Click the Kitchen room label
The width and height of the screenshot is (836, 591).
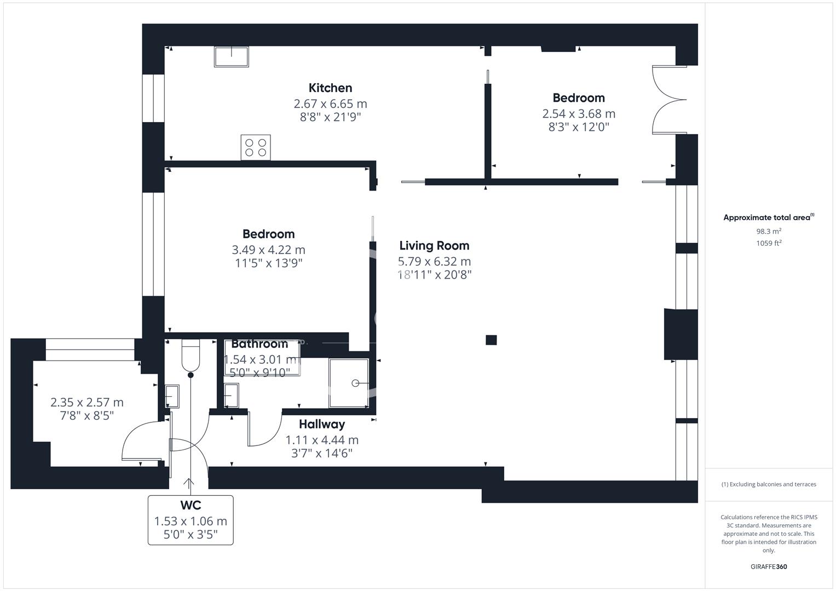click(330, 88)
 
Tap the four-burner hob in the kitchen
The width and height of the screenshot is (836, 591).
click(256, 148)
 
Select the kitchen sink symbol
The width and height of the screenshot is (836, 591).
click(231, 56)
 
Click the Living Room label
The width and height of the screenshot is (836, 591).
click(434, 246)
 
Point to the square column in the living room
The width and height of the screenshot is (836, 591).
click(491, 340)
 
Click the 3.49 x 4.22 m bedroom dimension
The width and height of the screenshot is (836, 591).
click(268, 250)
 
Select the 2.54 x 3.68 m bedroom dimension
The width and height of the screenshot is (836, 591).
click(579, 114)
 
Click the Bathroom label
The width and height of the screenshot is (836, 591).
click(260, 344)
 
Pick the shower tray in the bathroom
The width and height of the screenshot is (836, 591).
click(349, 383)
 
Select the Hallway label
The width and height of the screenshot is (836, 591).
click(322, 424)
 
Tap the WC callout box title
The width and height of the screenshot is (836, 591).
click(191, 505)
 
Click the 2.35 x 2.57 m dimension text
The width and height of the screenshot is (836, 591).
click(87, 403)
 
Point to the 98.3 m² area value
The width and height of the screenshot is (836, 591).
click(769, 231)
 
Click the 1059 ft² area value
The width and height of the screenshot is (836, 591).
click(769, 244)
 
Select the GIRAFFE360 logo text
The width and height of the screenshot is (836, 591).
click(769, 567)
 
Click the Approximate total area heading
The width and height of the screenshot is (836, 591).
click(768, 218)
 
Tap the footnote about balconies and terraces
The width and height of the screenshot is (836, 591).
click(769, 484)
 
